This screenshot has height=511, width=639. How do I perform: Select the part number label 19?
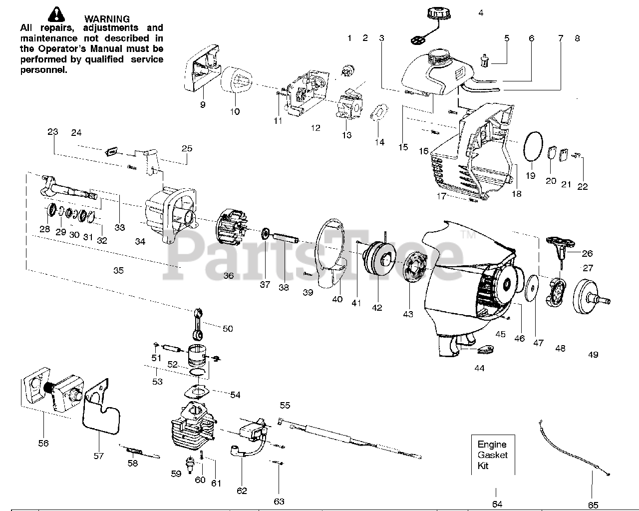click(530, 175)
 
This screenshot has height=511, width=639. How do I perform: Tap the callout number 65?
click(593, 505)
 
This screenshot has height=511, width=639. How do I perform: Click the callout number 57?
click(98, 455)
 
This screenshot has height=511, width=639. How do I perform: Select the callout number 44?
click(479, 368)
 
